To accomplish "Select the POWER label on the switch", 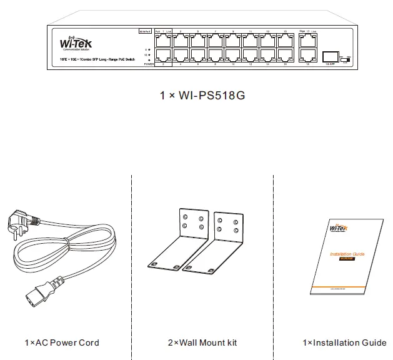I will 149,64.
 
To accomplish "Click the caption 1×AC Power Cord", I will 61,342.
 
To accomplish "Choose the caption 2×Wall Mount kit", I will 202,342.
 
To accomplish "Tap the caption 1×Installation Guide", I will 344,342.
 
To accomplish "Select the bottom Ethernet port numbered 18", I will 307,54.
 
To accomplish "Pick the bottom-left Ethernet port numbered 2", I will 164,54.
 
